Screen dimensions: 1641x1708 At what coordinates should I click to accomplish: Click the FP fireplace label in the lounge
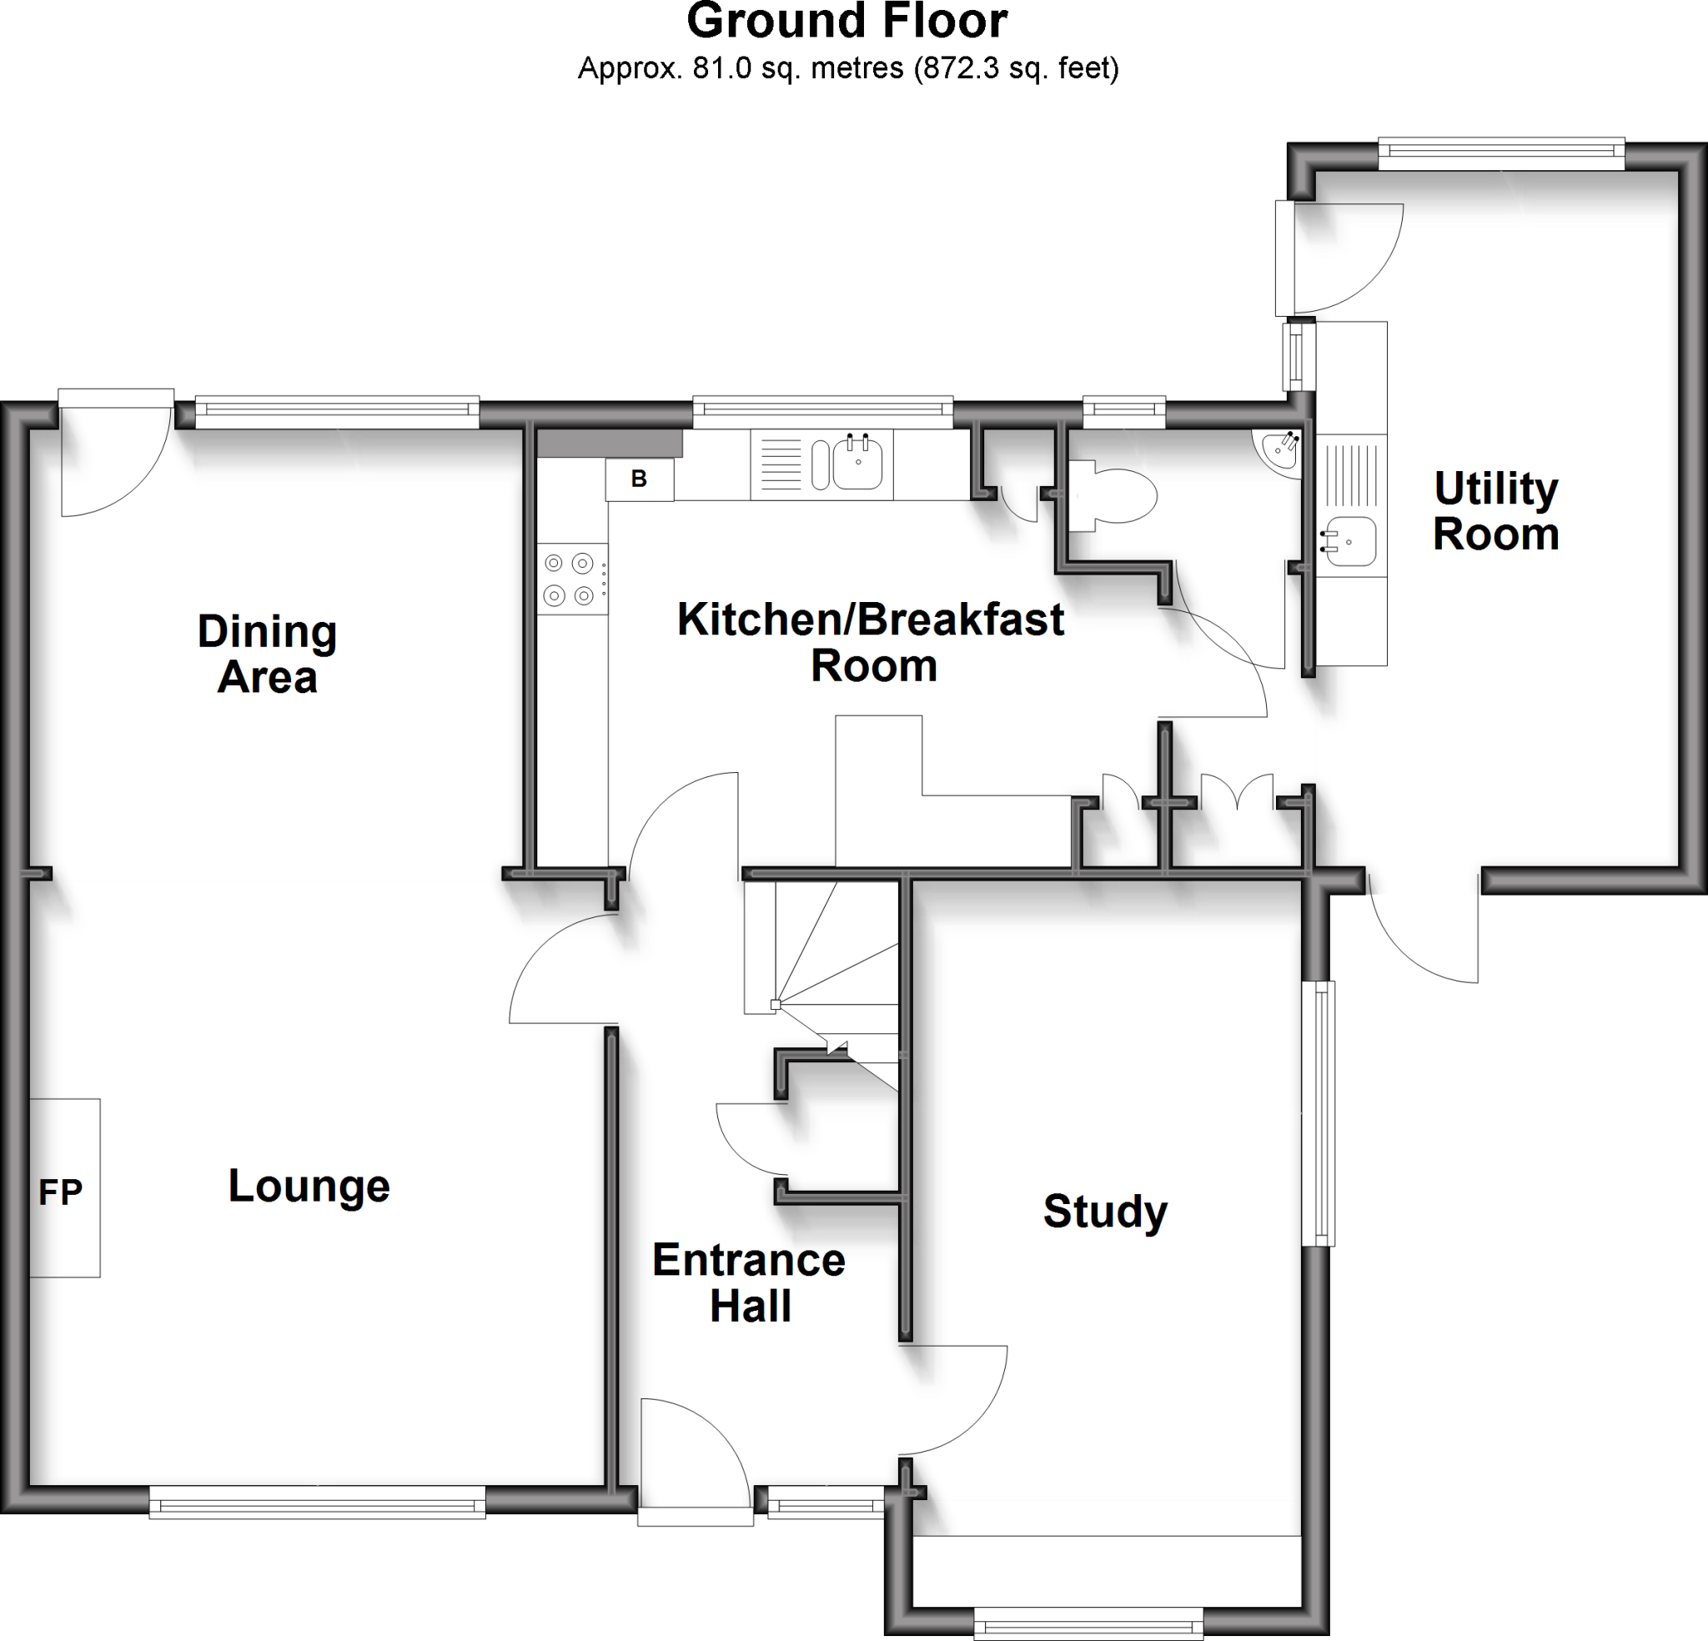60,1192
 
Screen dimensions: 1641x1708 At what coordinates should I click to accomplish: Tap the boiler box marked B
639,479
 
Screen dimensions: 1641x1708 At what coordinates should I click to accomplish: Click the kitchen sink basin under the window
857,463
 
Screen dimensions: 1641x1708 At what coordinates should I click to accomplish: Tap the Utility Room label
1495,511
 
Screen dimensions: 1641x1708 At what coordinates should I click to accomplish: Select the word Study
1105,1212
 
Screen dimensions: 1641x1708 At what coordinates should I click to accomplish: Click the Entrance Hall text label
749,1282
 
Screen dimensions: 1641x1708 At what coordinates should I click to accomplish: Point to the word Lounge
309,1186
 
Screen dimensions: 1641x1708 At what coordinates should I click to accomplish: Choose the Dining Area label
267,655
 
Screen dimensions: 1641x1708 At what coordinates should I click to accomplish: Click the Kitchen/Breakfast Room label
871,642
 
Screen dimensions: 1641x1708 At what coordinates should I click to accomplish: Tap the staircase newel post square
775,1005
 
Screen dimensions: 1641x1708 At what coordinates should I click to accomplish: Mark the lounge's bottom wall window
317,1502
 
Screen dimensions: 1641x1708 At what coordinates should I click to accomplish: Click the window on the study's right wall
1323,1113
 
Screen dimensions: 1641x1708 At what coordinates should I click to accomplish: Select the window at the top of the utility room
1501,153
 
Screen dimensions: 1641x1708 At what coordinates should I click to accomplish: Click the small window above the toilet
1123,410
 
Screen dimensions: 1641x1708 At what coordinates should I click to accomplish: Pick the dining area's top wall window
336,411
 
